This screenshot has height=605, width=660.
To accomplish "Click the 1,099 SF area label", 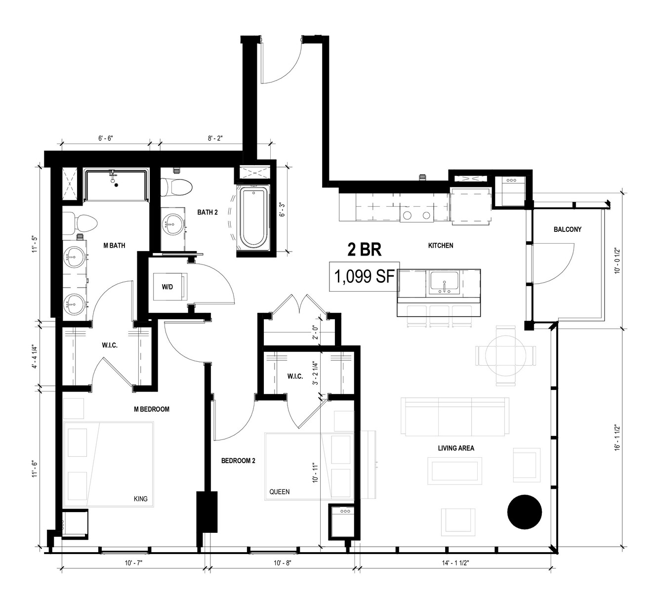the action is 364,276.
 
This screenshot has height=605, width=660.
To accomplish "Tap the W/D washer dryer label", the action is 167,287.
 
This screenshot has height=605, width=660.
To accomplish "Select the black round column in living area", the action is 525,512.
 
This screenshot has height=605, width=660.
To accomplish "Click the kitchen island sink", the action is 444,282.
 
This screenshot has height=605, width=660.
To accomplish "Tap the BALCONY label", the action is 568,229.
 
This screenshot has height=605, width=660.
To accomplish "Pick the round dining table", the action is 506,356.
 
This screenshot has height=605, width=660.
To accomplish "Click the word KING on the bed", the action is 140,499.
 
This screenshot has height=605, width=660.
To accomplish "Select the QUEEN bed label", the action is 279,492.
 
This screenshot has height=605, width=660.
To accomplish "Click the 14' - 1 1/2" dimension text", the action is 455,563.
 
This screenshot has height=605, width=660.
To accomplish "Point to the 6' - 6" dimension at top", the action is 106,138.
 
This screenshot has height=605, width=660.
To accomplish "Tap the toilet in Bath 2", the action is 176,187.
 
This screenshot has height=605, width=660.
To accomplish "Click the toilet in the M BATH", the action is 80,223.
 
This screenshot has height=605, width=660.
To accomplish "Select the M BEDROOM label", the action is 152,409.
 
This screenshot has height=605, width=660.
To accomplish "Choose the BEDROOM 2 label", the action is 238,461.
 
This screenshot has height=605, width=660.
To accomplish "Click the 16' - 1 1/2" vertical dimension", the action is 617,438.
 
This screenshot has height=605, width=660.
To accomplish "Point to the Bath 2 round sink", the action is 172,224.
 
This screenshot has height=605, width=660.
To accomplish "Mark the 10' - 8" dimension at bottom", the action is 282,563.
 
